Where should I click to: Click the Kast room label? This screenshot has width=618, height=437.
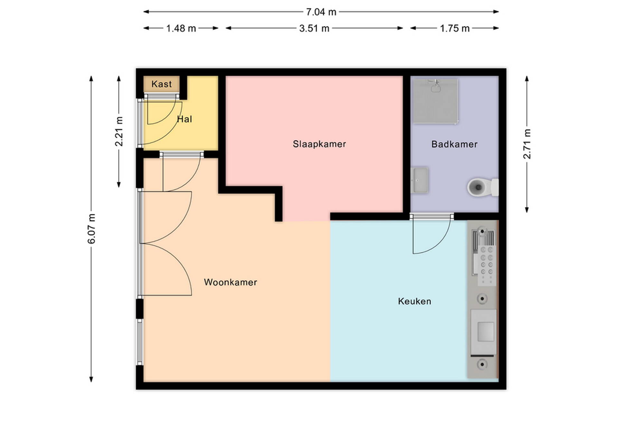(161, 84)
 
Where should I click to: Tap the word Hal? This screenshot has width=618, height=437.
(184, 119)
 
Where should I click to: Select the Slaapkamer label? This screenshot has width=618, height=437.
(319, 144)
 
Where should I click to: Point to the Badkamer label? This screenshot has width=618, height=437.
(454, 144)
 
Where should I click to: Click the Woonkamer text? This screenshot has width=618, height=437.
(230, 282)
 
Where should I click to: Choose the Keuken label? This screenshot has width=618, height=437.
(415, 301)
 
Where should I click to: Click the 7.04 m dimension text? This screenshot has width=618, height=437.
(321, 12)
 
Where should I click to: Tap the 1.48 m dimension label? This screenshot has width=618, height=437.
(181, 29)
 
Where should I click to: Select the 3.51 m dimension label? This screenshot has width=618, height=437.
(314, 29)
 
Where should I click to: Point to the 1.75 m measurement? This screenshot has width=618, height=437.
(454, 29)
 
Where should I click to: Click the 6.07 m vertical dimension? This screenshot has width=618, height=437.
(92, 228)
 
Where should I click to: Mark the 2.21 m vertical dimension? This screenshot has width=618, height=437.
(119, 131)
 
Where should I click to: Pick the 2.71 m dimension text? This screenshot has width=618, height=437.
(527, 144)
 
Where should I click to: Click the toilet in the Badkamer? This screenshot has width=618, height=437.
(483, 187)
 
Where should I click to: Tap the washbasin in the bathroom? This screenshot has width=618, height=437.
(420, 180)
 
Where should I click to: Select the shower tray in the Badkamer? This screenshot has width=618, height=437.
(435, 101)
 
